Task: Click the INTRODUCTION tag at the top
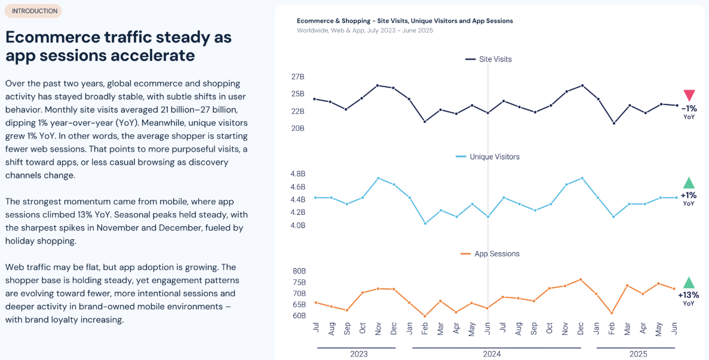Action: [x=35, y=11]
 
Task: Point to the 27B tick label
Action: [x=297, y=77]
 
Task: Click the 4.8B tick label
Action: [x=297, y=174]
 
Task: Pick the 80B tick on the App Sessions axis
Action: [x=299, y=271]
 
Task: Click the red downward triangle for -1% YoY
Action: [x=689, y=96]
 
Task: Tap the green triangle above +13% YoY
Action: [x=689, y=282]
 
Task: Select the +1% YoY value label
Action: [x=688, y=195]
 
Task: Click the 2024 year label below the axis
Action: [x=492, y=354]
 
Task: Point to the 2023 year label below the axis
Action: [x=359, y=354]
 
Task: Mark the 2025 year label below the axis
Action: [x=638, y=354]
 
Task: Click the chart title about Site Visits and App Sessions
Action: [x=404, y=21]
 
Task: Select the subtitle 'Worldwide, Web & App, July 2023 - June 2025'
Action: [x=364, y=30]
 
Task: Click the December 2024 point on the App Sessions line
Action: [x=581, y=279]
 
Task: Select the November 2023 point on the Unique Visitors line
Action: [x=378, y=178]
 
